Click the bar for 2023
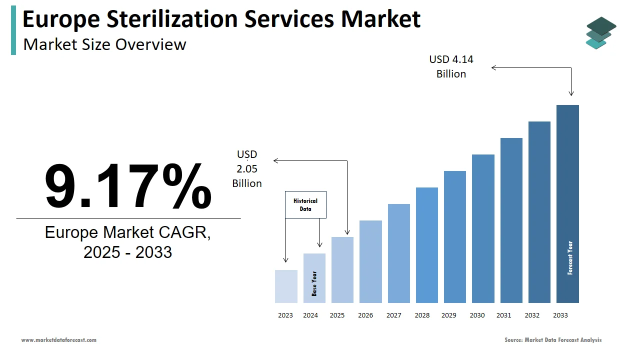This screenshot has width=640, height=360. (286, 286)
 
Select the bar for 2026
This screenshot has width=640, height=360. (370, 261)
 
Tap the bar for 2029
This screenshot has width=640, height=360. (454, 237)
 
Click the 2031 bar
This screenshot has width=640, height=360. (511, 220)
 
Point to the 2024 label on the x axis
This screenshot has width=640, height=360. (310, 315)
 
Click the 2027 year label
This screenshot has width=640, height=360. (393, 315)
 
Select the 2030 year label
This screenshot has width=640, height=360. (477, 315)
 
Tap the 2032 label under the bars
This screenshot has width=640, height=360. (532, 315)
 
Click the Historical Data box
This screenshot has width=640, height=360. (305, 204)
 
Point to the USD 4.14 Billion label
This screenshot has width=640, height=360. (451, 66)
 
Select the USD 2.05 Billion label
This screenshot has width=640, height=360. (247, 169)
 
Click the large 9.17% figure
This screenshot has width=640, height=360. (128, 185)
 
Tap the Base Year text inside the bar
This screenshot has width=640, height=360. (314, 283)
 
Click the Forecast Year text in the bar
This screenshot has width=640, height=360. (570, 258)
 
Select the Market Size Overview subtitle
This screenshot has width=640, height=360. (105, 44)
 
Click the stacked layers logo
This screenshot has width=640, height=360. (600, 32)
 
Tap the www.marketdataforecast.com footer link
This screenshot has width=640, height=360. (59, 340)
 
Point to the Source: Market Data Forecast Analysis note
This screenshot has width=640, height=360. (553, 340)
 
